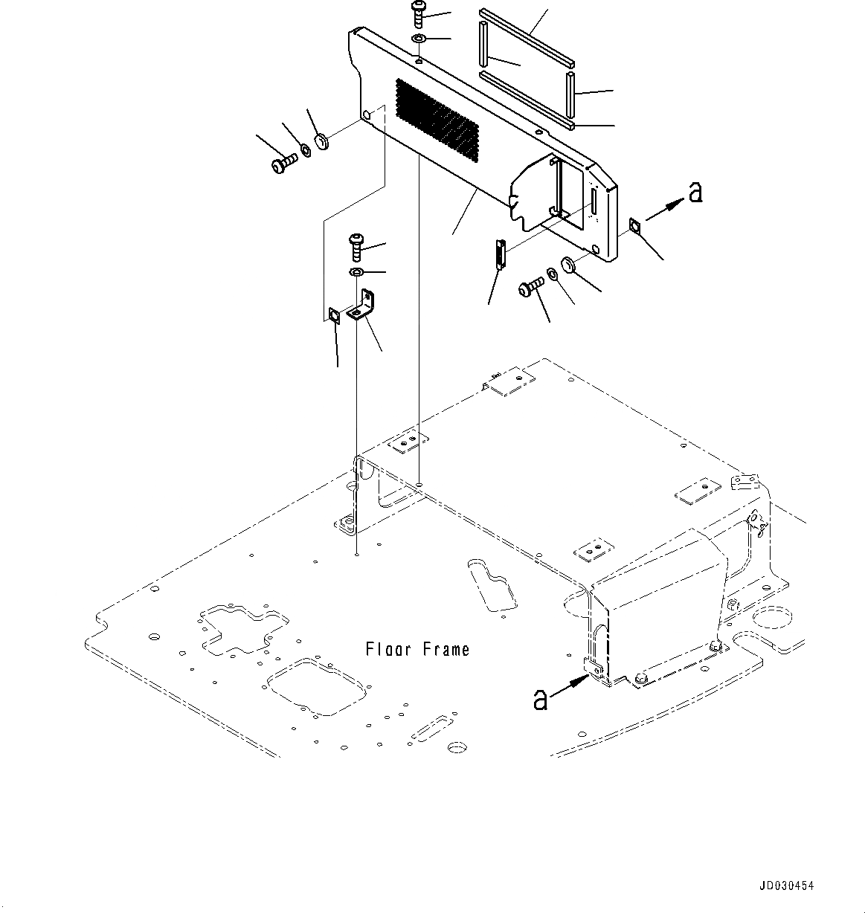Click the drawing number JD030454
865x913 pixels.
tap(786, 886)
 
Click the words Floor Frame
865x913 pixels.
tap(417, 650)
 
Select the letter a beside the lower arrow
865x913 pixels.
tap(541, 698)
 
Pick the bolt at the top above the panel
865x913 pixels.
tap(418, 14)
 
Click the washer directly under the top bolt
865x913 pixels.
tap(418, 39)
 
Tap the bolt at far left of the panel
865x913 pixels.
tap(283, 161)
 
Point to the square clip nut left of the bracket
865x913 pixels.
tap(335, 315)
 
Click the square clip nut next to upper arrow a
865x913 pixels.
tap(634, 225)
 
